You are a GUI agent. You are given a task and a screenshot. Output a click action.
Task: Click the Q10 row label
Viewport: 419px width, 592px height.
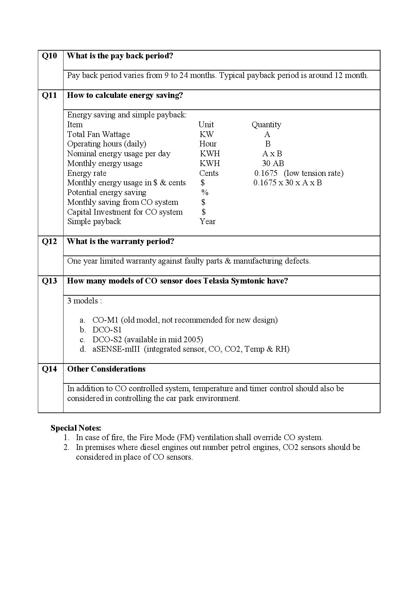(49, 56)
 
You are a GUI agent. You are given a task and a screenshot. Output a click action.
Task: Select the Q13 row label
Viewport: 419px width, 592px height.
(49, 281)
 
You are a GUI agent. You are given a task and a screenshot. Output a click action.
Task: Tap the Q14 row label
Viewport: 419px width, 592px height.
(49, 369)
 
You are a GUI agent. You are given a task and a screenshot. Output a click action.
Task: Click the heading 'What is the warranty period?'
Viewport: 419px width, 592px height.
(120, 242)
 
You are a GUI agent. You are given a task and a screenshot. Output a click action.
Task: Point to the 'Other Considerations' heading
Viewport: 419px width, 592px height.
(106, 369)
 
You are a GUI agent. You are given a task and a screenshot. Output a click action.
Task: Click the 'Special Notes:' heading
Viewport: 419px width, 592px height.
(76, 428)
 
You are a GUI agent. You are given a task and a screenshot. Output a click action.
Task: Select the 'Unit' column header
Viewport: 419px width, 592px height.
(206, 125)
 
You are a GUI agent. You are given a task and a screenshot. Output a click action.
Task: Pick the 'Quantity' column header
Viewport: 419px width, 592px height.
(266, 125)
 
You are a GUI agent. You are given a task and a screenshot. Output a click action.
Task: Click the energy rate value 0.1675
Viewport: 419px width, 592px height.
(266, 173)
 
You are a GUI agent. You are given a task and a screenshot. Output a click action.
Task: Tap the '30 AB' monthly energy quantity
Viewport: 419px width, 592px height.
(273, 163)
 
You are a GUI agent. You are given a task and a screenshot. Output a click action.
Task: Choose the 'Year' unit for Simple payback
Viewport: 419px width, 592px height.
(207, 221)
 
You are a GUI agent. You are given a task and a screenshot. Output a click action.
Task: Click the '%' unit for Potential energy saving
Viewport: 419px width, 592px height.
(205, 192)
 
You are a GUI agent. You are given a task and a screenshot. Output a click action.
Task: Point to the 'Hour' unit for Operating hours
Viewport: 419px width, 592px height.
(208, 144)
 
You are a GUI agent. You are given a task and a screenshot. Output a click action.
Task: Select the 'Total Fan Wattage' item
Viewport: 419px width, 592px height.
(98, 134)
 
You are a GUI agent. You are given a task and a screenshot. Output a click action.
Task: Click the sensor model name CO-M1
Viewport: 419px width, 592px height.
(105, 320)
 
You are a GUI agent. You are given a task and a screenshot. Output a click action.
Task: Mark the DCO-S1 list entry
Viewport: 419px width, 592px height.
(107, 330)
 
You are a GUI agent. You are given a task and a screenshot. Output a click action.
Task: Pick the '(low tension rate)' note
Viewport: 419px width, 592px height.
(314, 173)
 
